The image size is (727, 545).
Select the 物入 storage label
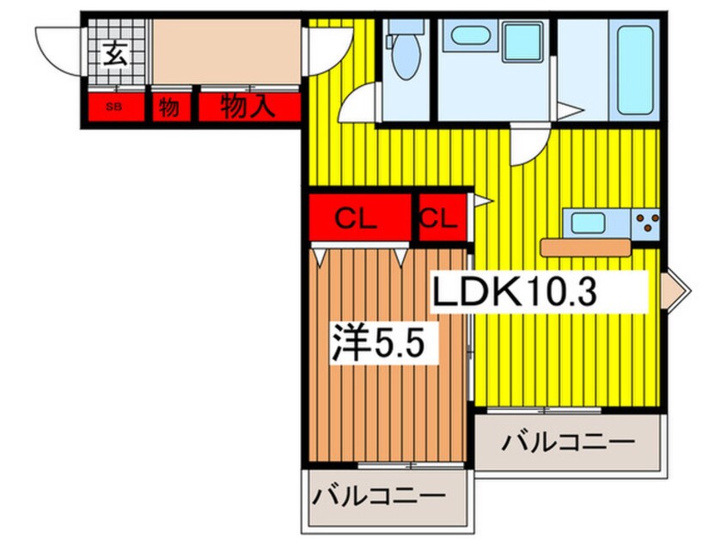point(248,107)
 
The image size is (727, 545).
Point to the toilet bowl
point(405,57)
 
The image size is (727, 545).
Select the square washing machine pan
point(523,42)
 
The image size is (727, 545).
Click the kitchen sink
point(588,223)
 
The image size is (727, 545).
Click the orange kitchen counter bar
point(585,248)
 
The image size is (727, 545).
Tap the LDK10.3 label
point(514,291)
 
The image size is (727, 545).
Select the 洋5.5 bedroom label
point(378,342)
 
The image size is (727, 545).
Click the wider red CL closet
point(360,217)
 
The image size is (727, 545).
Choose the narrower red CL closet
point(443,217)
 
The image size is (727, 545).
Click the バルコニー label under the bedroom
point(378,497)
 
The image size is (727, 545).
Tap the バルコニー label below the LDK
point(568,442)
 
